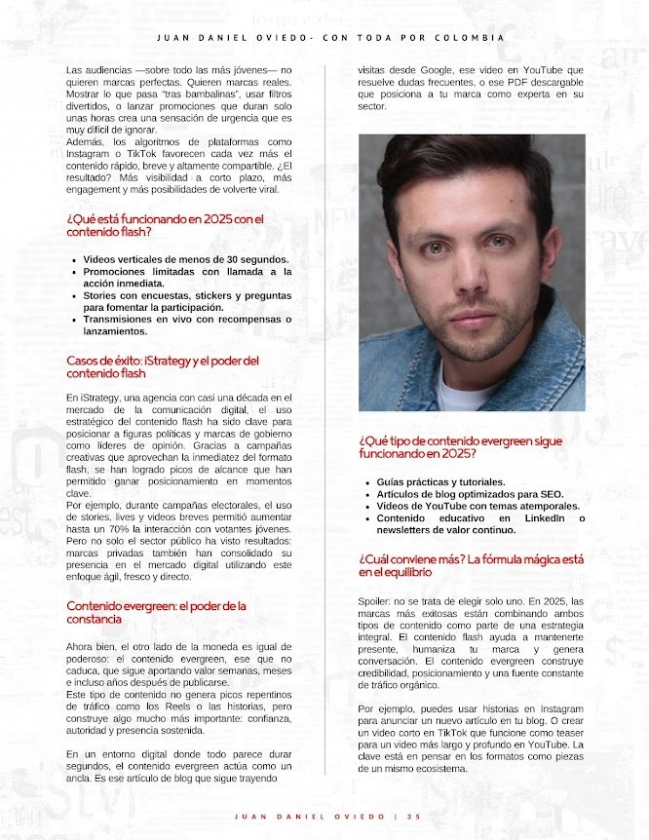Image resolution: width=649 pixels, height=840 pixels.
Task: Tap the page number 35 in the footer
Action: [x=413, y=817]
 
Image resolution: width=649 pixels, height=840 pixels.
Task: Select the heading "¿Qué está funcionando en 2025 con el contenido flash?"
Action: [x=166, y=225]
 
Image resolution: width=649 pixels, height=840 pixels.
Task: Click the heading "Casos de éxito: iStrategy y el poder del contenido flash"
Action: [x=163, y=366]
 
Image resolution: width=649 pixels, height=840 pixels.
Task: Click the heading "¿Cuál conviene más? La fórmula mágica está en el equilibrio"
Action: [x=471, y=565]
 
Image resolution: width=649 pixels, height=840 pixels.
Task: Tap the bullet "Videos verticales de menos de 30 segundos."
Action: [x=185, y=259]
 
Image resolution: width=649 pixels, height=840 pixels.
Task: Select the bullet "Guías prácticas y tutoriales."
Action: [x=440, y=481]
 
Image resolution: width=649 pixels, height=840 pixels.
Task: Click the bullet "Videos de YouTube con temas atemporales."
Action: [x=477, y=506]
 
